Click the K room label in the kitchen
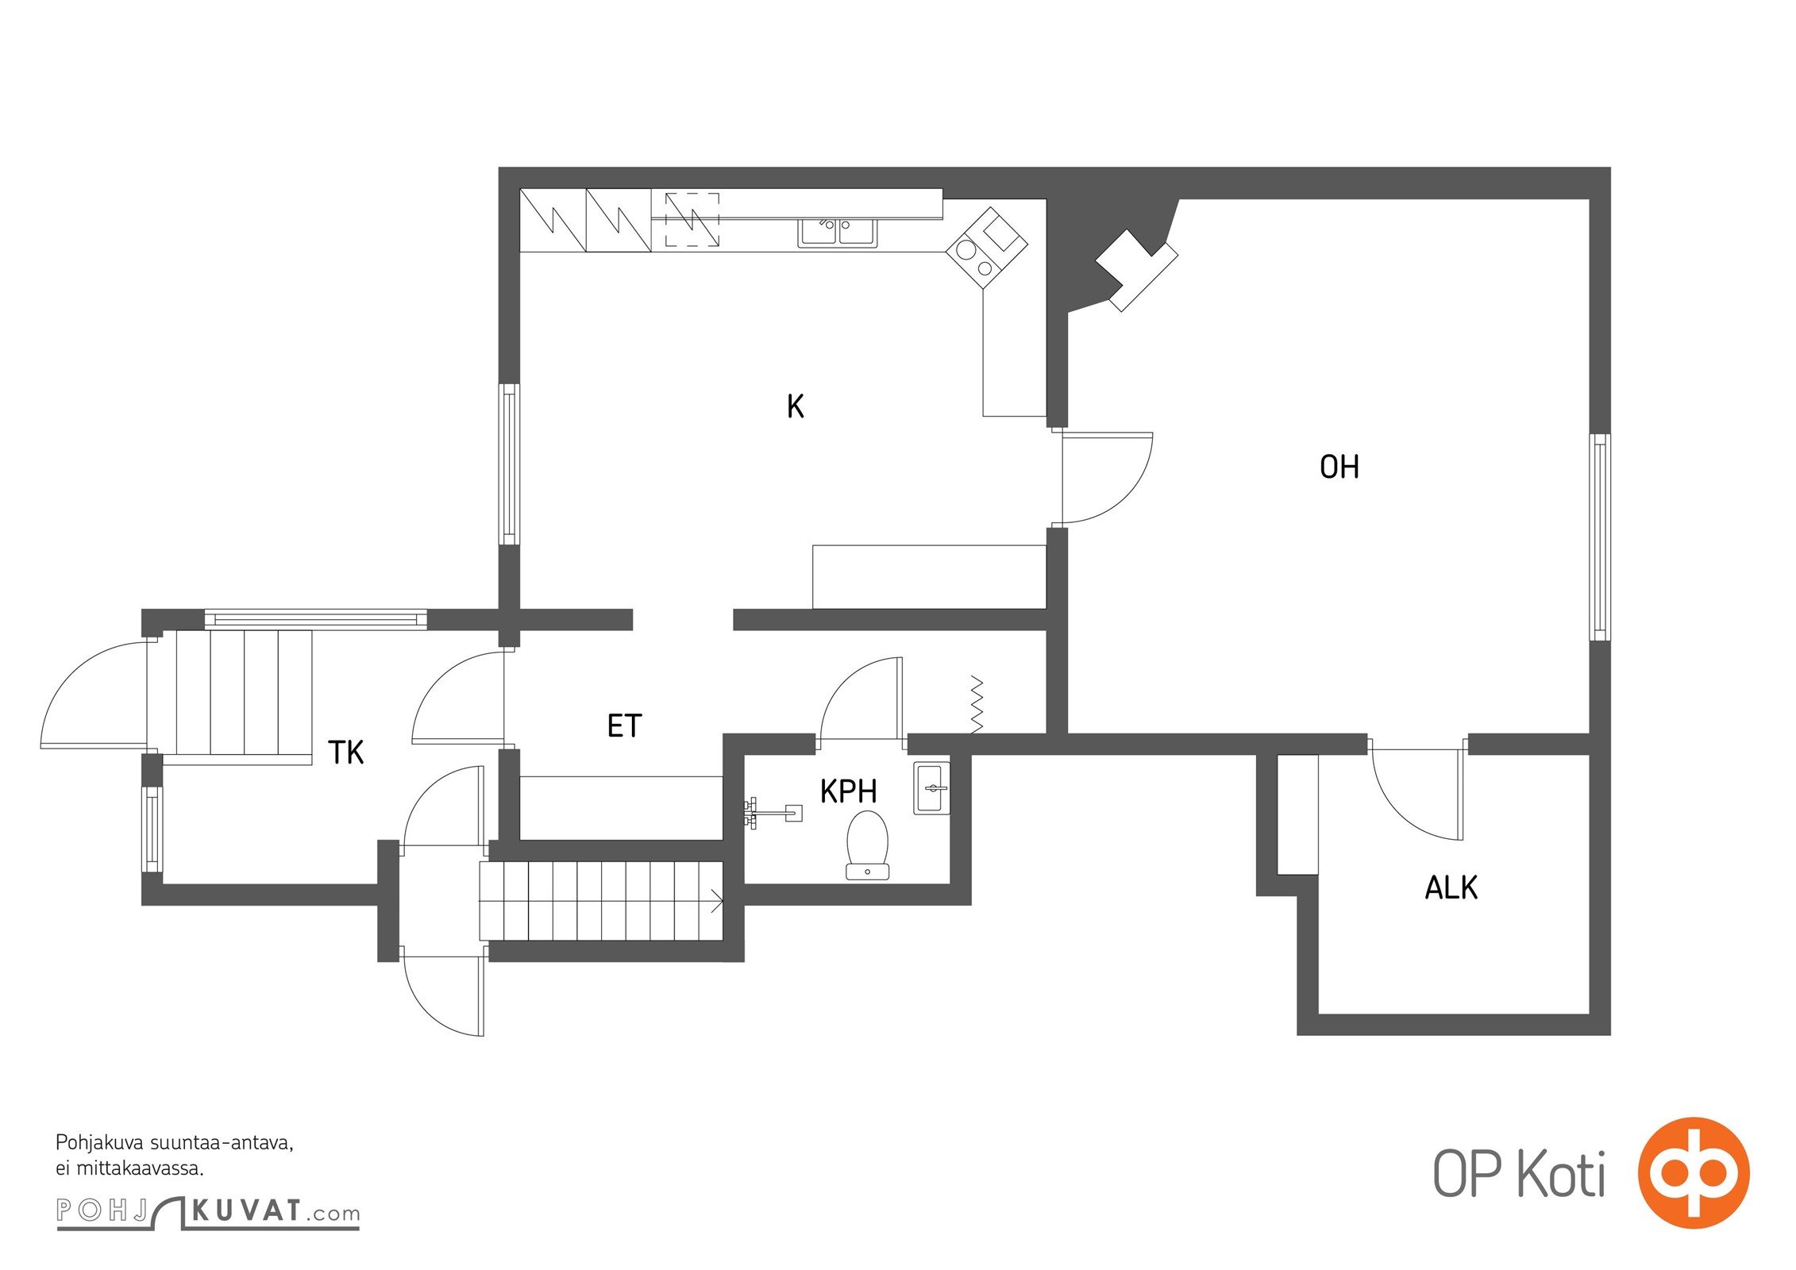[795, 406]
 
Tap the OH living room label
[1339, 467]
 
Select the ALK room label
[1451, 887]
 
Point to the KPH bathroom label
[848, 791]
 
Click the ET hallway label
[624, 725]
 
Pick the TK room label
[346, 752]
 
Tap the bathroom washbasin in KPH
[932, 787]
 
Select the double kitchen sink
[838, 233]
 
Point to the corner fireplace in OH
[1135, 271]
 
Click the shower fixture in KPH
[773, 812]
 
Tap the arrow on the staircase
[716, 901]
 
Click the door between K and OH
[1106, 478]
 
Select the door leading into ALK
[1417, 794]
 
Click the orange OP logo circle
[1694, 1172]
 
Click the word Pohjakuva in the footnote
[99, 1144]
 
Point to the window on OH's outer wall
[1600, 537]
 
